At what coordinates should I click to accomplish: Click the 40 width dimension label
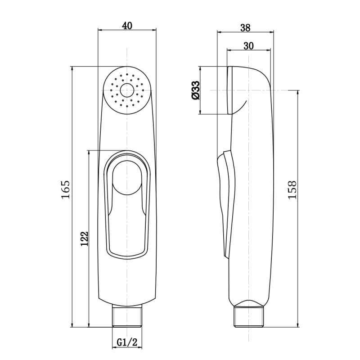click(x=127, y=26)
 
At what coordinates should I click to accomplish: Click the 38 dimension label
click(x=245, y=28)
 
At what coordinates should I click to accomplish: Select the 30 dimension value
click(x=249, y=46)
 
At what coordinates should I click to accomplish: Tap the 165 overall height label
click(x=66, y=190)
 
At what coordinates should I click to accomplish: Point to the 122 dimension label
click(x=84, y=239)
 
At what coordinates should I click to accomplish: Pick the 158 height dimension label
click(x=292, y=190)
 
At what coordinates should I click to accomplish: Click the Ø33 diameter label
click(x=195, y=90)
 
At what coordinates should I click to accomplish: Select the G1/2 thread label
click(x=127, y=342)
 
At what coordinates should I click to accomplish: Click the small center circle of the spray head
click(x=127, y=90)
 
